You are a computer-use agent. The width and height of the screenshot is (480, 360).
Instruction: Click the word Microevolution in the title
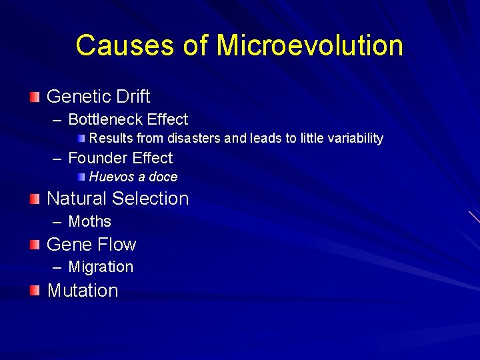[x=310, y=46]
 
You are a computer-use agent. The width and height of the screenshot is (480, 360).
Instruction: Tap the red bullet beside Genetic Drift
[x=35, y=97]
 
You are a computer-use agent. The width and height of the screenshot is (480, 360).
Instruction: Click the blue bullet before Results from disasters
[x=81, y=139]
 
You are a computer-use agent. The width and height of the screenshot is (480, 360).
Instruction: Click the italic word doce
[x=164, y=177]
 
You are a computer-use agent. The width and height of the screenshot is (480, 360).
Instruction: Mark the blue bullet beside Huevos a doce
[x=81, y=177]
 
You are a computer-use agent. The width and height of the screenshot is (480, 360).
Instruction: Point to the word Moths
[x=90, y=222]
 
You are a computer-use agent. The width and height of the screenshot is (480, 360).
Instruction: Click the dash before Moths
[x=56, y=222]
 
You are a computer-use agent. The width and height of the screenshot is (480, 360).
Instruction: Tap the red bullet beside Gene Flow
[x=35, y=245]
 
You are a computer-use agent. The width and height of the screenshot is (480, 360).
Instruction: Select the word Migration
[x=101, y=267]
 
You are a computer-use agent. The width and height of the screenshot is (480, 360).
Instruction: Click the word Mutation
[x=83, y=291]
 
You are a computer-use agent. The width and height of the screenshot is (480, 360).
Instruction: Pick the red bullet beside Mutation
[x=35, y=291]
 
